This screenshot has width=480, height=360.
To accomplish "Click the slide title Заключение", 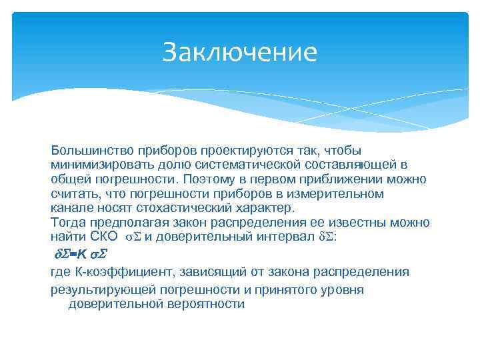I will click(x=239, y=53).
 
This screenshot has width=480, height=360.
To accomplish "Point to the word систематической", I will click(x=247, y=165).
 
